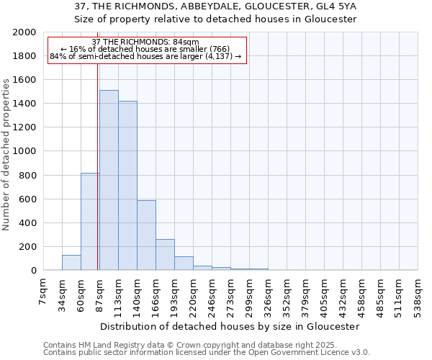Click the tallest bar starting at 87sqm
pos(109,180)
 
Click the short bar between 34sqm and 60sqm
pos(71,263)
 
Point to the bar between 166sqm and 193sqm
pos(165,255)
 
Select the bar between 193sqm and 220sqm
pos(184,264)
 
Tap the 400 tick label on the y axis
pos(27,223)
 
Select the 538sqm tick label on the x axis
pos(418,291)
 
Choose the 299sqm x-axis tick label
pos(250,291)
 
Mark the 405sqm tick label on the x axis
pos(306,291)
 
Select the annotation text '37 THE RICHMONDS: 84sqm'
pos(146,42)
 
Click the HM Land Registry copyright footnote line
pos(185,345)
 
